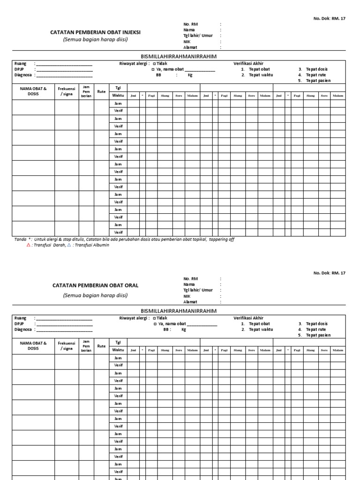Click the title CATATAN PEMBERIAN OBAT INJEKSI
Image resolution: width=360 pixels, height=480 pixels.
(x=95, y=32)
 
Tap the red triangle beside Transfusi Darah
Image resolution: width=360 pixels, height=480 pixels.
(x=28, y=245)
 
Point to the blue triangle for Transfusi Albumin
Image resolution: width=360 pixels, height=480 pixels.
(x=69, y=245)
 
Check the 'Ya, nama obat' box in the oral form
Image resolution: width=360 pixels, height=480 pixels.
(x=155, y=324)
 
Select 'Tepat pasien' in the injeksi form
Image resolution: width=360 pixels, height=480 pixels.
(x=317, y=81)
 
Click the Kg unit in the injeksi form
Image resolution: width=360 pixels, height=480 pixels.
(x=190, y=75)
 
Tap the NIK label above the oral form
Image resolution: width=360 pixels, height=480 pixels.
(x=187, y=296)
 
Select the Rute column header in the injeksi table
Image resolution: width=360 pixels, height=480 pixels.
(x=101, y=91)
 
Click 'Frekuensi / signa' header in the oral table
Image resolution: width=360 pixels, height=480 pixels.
(x=67, y=346)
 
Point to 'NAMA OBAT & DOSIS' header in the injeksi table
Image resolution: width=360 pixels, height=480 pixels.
(x=33, y=91)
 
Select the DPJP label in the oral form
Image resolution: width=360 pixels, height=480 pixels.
(x=19, y=324)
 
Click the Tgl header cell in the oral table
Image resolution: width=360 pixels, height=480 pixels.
(x=118, y=343)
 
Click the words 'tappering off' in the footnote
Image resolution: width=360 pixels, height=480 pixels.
(x=221, y=239)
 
